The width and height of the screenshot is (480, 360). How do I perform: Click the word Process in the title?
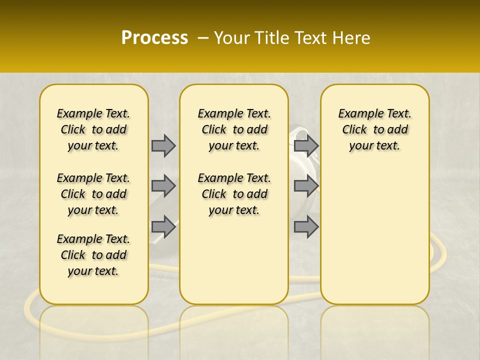pos(154,38)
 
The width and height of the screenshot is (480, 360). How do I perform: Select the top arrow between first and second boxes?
pos(163,145)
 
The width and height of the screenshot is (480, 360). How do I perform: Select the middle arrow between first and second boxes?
pos(163,186)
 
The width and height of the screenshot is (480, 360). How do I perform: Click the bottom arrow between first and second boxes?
pos(163,226)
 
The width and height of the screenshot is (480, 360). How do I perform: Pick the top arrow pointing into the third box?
pos(306,145)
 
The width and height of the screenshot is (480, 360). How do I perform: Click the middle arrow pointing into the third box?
pos(306,186)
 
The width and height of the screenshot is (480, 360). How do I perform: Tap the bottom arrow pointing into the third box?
pos(306,226)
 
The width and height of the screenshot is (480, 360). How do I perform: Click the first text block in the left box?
pos(93,129)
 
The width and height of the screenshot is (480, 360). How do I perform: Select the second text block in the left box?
pos(93,194)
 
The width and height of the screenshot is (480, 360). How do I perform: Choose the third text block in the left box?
pos(93,255)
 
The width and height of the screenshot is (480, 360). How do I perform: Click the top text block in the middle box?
pos(234,129)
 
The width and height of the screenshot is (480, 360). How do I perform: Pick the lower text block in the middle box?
pos(234,194)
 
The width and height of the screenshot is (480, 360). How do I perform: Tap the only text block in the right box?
pos(375,129)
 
